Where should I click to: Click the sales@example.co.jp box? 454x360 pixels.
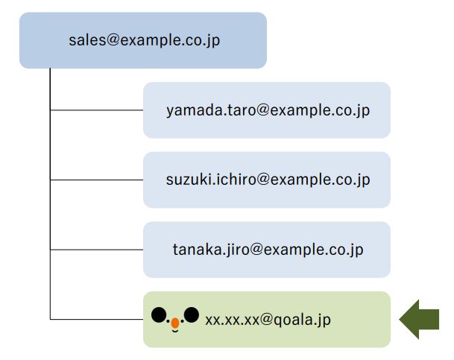point(143,40)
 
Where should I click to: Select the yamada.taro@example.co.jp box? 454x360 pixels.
point(267,110)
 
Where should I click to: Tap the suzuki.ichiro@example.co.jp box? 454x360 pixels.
point(267,180)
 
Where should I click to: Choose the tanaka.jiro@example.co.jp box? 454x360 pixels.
point(267,250)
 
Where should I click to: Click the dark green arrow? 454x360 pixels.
point(419,320)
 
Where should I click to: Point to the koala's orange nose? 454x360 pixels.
point(175,323)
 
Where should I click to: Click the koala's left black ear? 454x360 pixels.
point(159,315)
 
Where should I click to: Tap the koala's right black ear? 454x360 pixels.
point(192,315)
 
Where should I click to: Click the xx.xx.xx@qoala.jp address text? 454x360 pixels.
point(268,320)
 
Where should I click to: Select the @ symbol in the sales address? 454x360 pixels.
point(113,40)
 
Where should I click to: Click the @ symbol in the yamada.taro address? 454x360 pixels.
point(263,110)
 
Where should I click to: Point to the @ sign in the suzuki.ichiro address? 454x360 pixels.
point(263,179)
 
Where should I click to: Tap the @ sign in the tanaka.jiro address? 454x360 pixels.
point(256,249)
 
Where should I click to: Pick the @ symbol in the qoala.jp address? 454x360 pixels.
point(266,318)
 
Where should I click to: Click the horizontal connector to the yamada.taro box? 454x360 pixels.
point(97,110)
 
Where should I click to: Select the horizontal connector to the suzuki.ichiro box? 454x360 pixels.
point(97,180)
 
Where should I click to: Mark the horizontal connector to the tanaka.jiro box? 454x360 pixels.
point(97,250)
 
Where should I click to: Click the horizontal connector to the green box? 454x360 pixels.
point(97,320)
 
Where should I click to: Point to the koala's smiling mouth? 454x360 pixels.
point(175,330)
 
